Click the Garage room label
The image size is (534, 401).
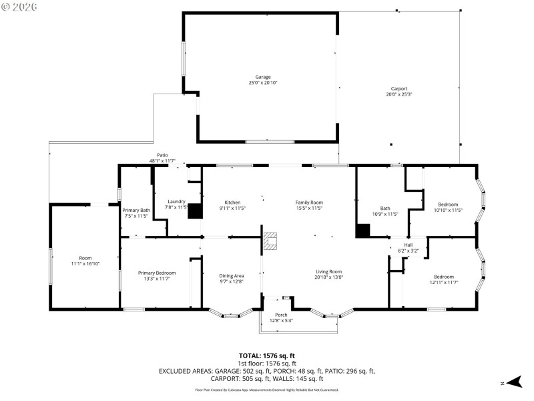[262, 77]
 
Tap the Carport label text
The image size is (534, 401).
[399, 88]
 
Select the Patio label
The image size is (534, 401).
[162, 155]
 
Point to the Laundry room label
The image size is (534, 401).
[176, 202]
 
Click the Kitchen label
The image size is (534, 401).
[232, 203]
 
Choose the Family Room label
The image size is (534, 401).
[309, 203]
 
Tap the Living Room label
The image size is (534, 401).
[328, 271]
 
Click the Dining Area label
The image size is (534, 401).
[232, 276]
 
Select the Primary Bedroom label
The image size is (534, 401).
[157, 273]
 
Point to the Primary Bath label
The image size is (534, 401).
[136, 211]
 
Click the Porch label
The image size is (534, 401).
[282, 315]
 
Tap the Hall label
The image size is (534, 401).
[408, 245]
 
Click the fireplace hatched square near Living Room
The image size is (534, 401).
[270, 241]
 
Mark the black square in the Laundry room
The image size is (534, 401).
[195, 211]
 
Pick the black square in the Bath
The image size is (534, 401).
[362, 231]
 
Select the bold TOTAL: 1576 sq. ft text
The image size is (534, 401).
[267, 356]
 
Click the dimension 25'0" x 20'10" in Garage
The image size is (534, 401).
[262, 83]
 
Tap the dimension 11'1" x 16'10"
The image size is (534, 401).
[85, 264]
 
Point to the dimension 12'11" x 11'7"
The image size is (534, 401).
[443, 283]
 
